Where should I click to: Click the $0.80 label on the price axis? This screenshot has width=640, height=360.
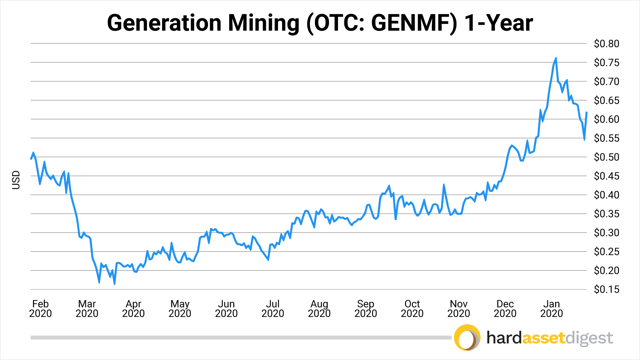(x=606, y=44)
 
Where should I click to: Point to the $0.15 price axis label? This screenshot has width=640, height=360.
(x=606, y=289)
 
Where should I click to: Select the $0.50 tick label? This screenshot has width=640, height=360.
(x=606, y=157)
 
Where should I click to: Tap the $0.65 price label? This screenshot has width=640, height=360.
(x=606, y=100)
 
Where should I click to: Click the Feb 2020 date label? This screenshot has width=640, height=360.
(x=40, y=309)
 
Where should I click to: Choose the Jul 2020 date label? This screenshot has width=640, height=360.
(x=273, y=309)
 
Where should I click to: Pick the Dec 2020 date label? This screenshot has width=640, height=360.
(x=505, y=309)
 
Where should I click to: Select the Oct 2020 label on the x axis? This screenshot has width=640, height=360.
(x=412, y=309)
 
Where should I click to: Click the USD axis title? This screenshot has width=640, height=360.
(x=16, y=180)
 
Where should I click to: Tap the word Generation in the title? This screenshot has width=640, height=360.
(x=164, y=23)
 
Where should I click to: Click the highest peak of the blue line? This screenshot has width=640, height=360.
(x=556, y=58)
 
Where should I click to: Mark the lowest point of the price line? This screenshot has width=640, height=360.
(x=114, y=284)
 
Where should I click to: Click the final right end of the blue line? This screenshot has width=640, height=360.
(x=586, y=113)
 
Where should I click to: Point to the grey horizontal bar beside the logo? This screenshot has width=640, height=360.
(x=240, y=338)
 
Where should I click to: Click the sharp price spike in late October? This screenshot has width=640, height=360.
(x=444, y=184)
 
